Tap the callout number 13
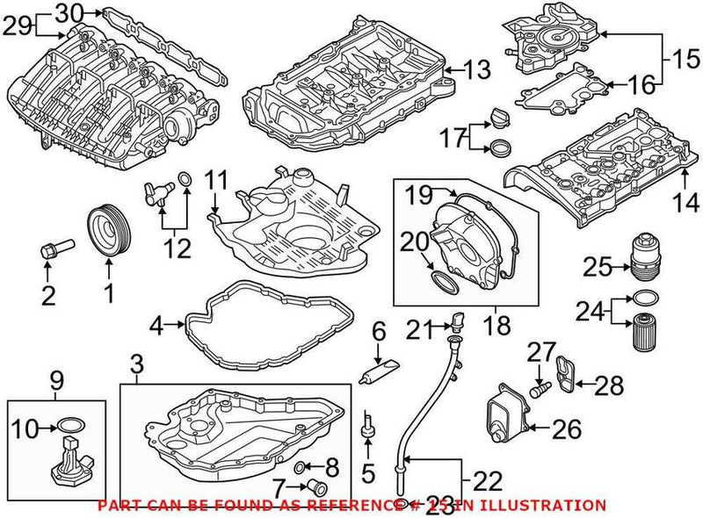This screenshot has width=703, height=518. click(x=480, y=70)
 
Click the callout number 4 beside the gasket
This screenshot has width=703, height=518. click(x=156, y=327)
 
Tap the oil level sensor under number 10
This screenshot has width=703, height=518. click(x=71, y=463)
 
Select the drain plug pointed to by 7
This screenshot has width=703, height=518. click(x=318, y=487)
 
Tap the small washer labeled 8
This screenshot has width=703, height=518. click(x=301, y=464)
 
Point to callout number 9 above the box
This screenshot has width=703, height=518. click(x=57, y=382)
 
